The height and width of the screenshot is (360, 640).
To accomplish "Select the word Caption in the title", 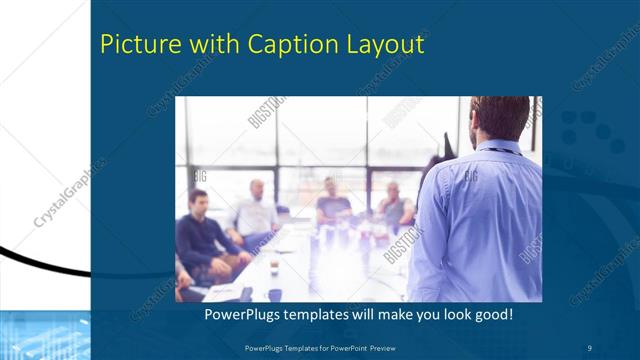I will pyautogui.click(x=267, y=45).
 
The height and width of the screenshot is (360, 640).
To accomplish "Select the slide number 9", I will pyautogui.click(x=590, y=347).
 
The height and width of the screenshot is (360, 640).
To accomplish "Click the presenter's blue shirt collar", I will pyautogui.click(x=497, y=148).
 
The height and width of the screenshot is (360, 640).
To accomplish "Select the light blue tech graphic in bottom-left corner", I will pyautogui.click(x=45, y=335).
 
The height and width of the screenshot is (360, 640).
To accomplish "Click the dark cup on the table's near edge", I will pyautogui.click(x=274, y=294).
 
